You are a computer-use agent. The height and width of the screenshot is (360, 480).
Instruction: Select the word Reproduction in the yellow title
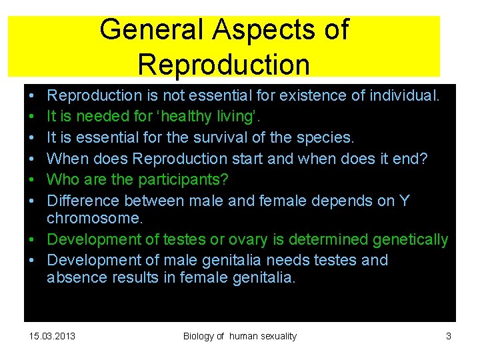223,65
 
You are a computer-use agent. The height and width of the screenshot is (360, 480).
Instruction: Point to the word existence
314,95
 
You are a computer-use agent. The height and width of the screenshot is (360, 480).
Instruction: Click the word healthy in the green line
174,116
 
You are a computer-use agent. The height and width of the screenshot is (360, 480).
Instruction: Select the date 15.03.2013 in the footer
53,336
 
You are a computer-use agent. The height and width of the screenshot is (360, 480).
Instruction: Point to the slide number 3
449,336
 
